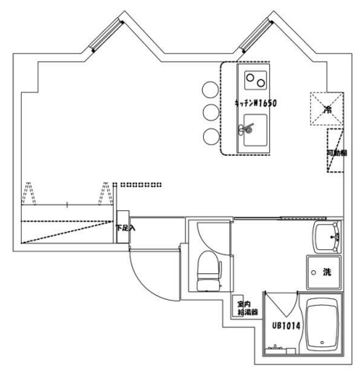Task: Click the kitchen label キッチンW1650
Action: (256, 103)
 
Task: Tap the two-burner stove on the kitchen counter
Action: (255, 80)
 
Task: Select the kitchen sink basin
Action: (253, 131)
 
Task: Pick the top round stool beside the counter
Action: (210, 87)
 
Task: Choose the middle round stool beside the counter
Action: (210, 112)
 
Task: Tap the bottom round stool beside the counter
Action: (210, 137)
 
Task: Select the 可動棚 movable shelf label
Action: (335, 155)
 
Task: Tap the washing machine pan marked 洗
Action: (323, 272)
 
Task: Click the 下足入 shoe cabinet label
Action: (124, 229)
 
